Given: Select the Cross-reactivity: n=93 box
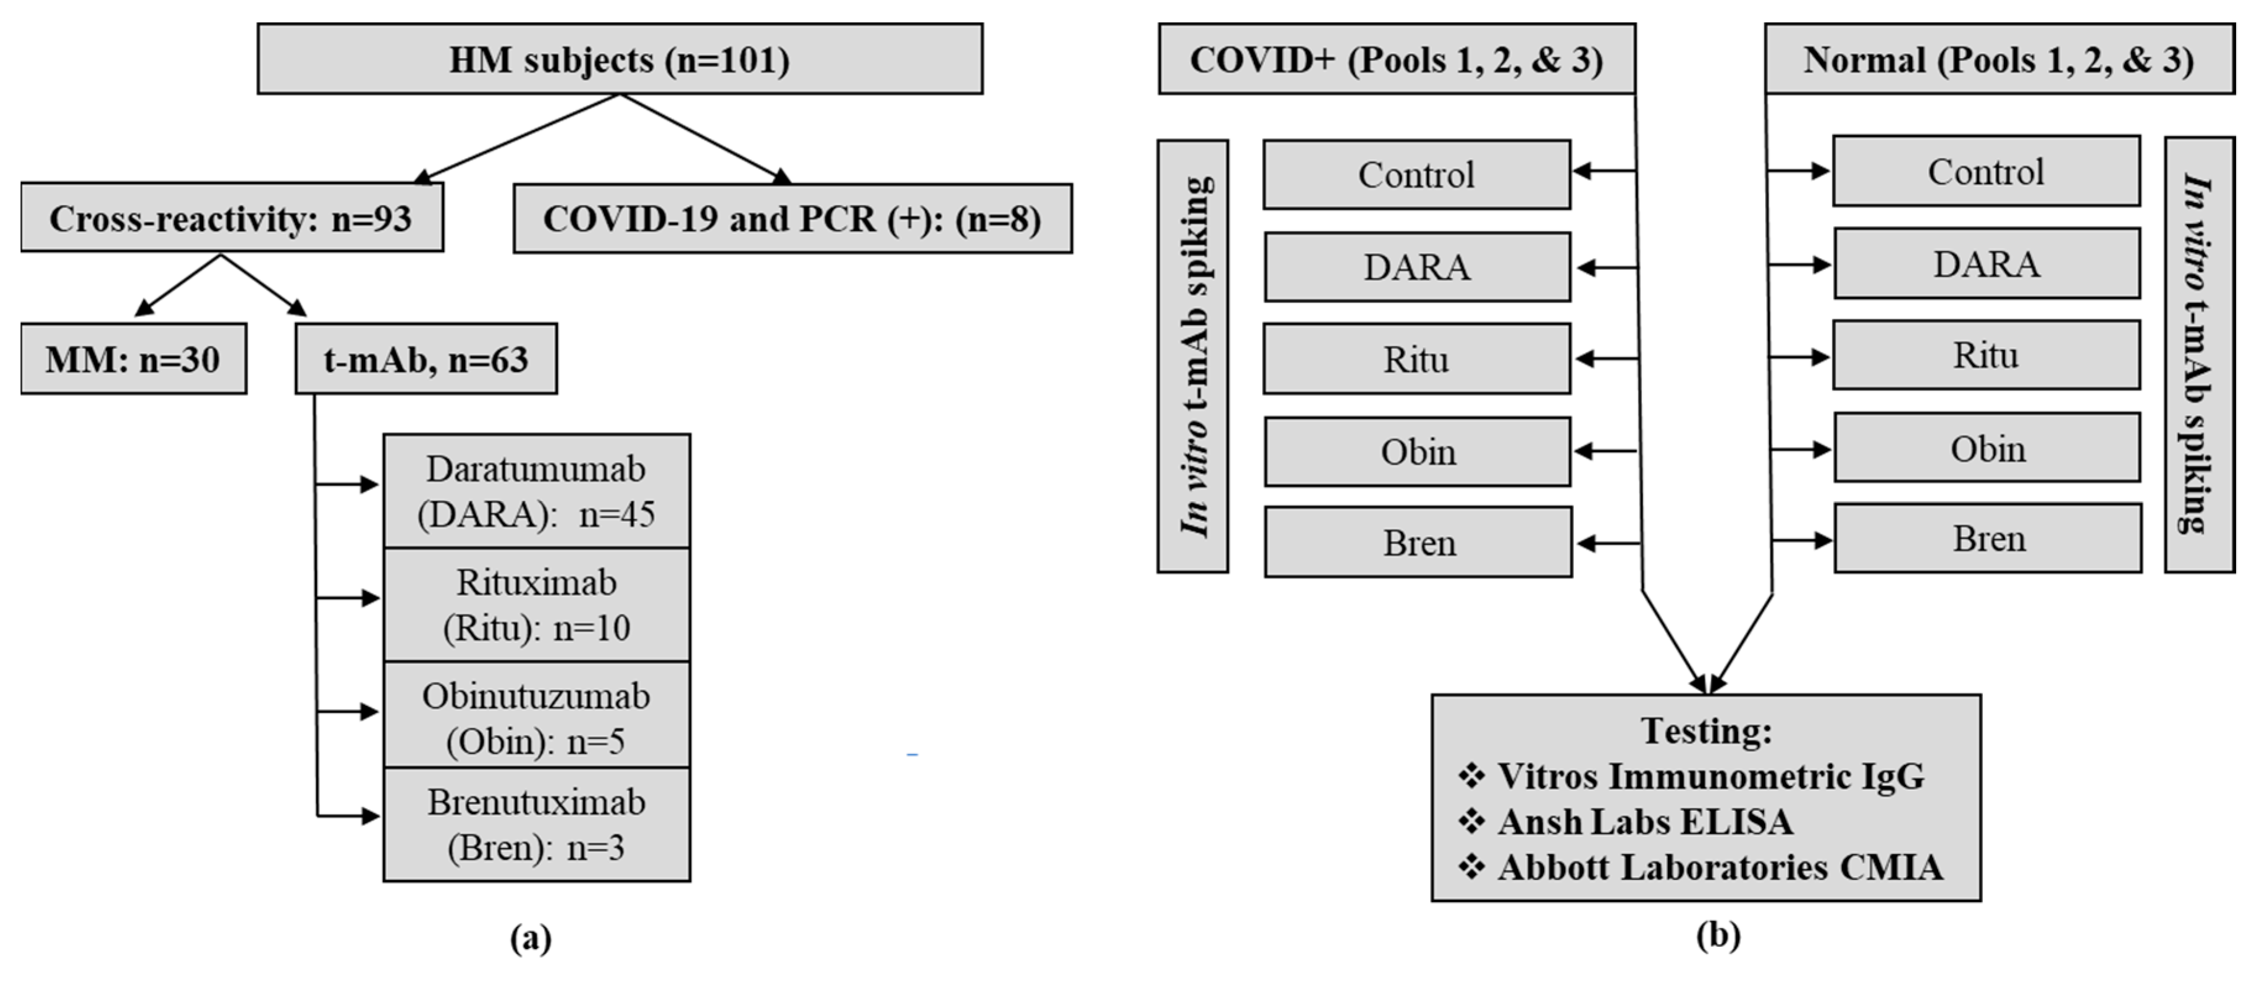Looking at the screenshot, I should point(232,218).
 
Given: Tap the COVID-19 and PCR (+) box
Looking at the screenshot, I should point(792,219).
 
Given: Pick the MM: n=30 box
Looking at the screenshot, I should point(133,359).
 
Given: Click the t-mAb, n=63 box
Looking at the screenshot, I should point(426,359).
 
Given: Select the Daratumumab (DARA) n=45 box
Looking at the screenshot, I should point(537,492).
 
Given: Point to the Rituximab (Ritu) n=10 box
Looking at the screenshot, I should point(537,605).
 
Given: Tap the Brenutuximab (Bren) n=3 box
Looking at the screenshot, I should point(537,824).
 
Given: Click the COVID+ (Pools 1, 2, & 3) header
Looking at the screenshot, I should point(1396,59).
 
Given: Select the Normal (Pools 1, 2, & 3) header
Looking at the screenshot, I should point(1999,59).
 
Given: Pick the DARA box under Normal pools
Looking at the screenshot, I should point(1987,263).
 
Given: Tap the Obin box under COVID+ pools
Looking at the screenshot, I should point(1417,451).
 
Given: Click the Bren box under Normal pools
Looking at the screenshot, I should point(1988,538).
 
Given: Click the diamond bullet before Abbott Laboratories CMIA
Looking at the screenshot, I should point(1471,866).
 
